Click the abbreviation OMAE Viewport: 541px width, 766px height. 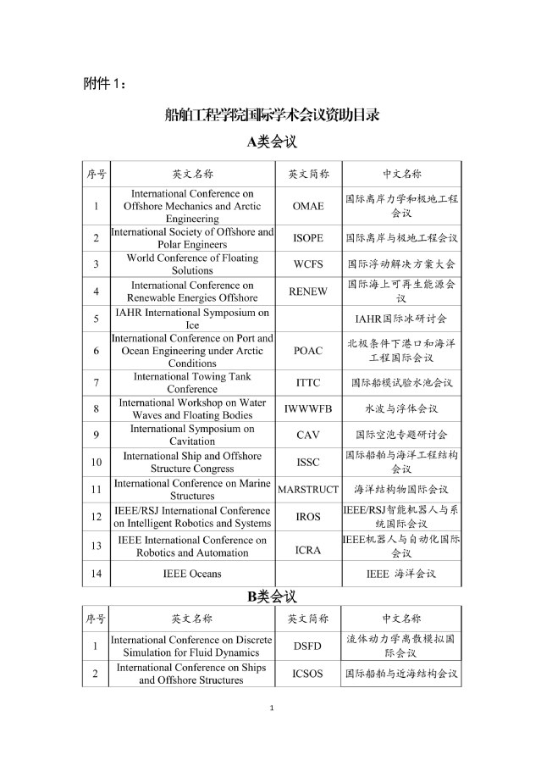308,206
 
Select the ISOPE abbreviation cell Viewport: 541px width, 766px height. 308,238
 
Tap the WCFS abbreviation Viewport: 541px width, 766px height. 308,264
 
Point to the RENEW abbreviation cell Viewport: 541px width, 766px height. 308,291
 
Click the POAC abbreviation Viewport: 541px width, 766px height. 308,351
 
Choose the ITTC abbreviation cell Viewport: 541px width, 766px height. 308,383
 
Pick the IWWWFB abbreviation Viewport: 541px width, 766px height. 308,409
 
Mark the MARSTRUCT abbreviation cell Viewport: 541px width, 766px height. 308,490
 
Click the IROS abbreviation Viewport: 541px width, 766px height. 308,517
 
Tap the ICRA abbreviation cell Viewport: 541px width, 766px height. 308,550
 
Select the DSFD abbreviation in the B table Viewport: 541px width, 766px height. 308,647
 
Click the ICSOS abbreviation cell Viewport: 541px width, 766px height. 308,674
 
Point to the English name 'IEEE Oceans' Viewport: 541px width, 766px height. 192,574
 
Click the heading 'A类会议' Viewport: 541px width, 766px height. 271,142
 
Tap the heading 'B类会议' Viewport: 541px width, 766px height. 271,597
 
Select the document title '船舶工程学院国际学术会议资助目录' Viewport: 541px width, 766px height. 271,114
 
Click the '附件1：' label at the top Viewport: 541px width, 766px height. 105,83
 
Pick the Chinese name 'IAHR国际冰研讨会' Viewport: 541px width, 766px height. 400,319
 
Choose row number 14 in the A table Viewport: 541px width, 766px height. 96,574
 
